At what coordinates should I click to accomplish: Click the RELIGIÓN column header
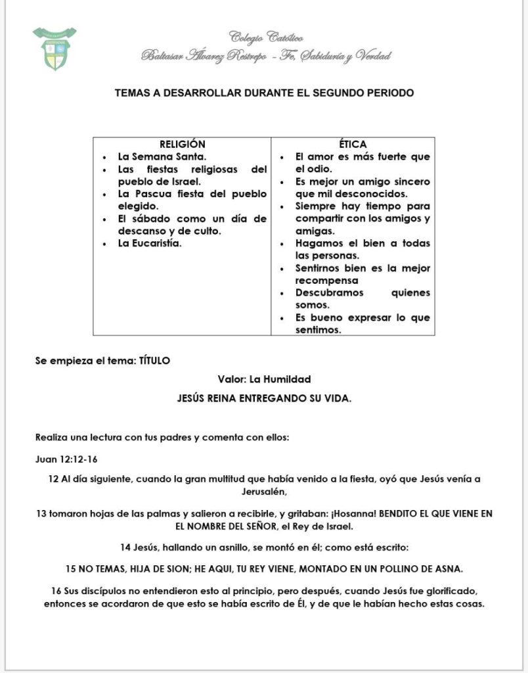tap(183, 144)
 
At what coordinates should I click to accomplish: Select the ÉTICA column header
tap(353, 144)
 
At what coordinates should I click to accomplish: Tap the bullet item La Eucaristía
tap(149, 243)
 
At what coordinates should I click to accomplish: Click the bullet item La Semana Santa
tap(162, 156)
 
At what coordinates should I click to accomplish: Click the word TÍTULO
tap(154, 360)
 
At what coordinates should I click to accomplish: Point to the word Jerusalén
tap(265, 491)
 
